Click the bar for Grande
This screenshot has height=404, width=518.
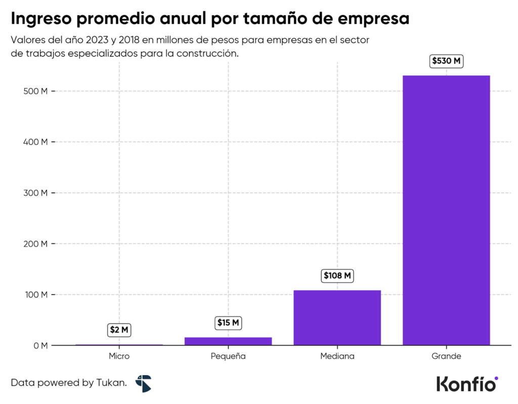pos(446,210)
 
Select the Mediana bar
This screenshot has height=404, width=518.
pos(337,318)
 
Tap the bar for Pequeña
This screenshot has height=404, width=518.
pos(228,341)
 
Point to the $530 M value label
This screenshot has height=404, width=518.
pos(446,61)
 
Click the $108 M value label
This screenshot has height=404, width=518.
pos(337,276)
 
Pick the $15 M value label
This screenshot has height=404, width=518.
pos(228,323)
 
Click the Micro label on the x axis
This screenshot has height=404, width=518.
pos(119,356)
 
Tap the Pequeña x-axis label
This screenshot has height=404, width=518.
pos(228,356)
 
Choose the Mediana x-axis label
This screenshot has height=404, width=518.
pos(337,356)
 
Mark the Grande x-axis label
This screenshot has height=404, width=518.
pos(446,356)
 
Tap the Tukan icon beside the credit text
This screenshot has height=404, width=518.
pos(143,383)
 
